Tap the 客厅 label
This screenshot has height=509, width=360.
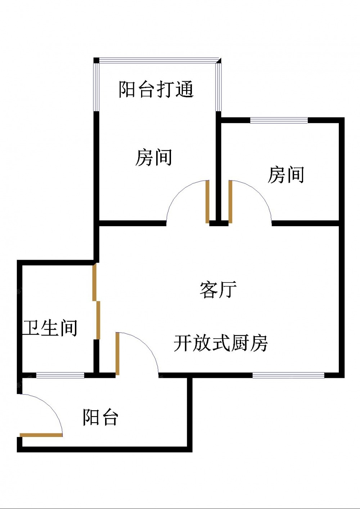[x=218, y=290]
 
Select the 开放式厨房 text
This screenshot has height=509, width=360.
[x=221, y=343]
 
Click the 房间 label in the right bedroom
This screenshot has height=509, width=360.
[x=286, y=175]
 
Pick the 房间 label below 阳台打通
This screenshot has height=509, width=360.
[x=153, y=157]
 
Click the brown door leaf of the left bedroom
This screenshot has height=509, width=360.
[x=207, y=202]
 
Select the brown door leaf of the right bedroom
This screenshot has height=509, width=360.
[x=230, y=202]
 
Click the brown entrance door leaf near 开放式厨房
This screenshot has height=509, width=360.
[x=117, y=354]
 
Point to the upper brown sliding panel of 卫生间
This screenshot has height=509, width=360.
[x=94, y=282]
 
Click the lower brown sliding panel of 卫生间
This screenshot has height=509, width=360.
[x=98, y=320]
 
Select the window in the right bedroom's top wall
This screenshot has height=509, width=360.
[x=279, y=120]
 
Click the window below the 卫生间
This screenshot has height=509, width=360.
[x=60, y=375]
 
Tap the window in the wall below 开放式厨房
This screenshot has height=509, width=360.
[x=288, y=375]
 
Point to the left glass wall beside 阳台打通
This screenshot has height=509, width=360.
[x=96, y=87]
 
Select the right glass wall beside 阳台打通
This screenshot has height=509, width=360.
[x=219, y=87]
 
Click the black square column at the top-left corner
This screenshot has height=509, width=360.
[x=96, y=60]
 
